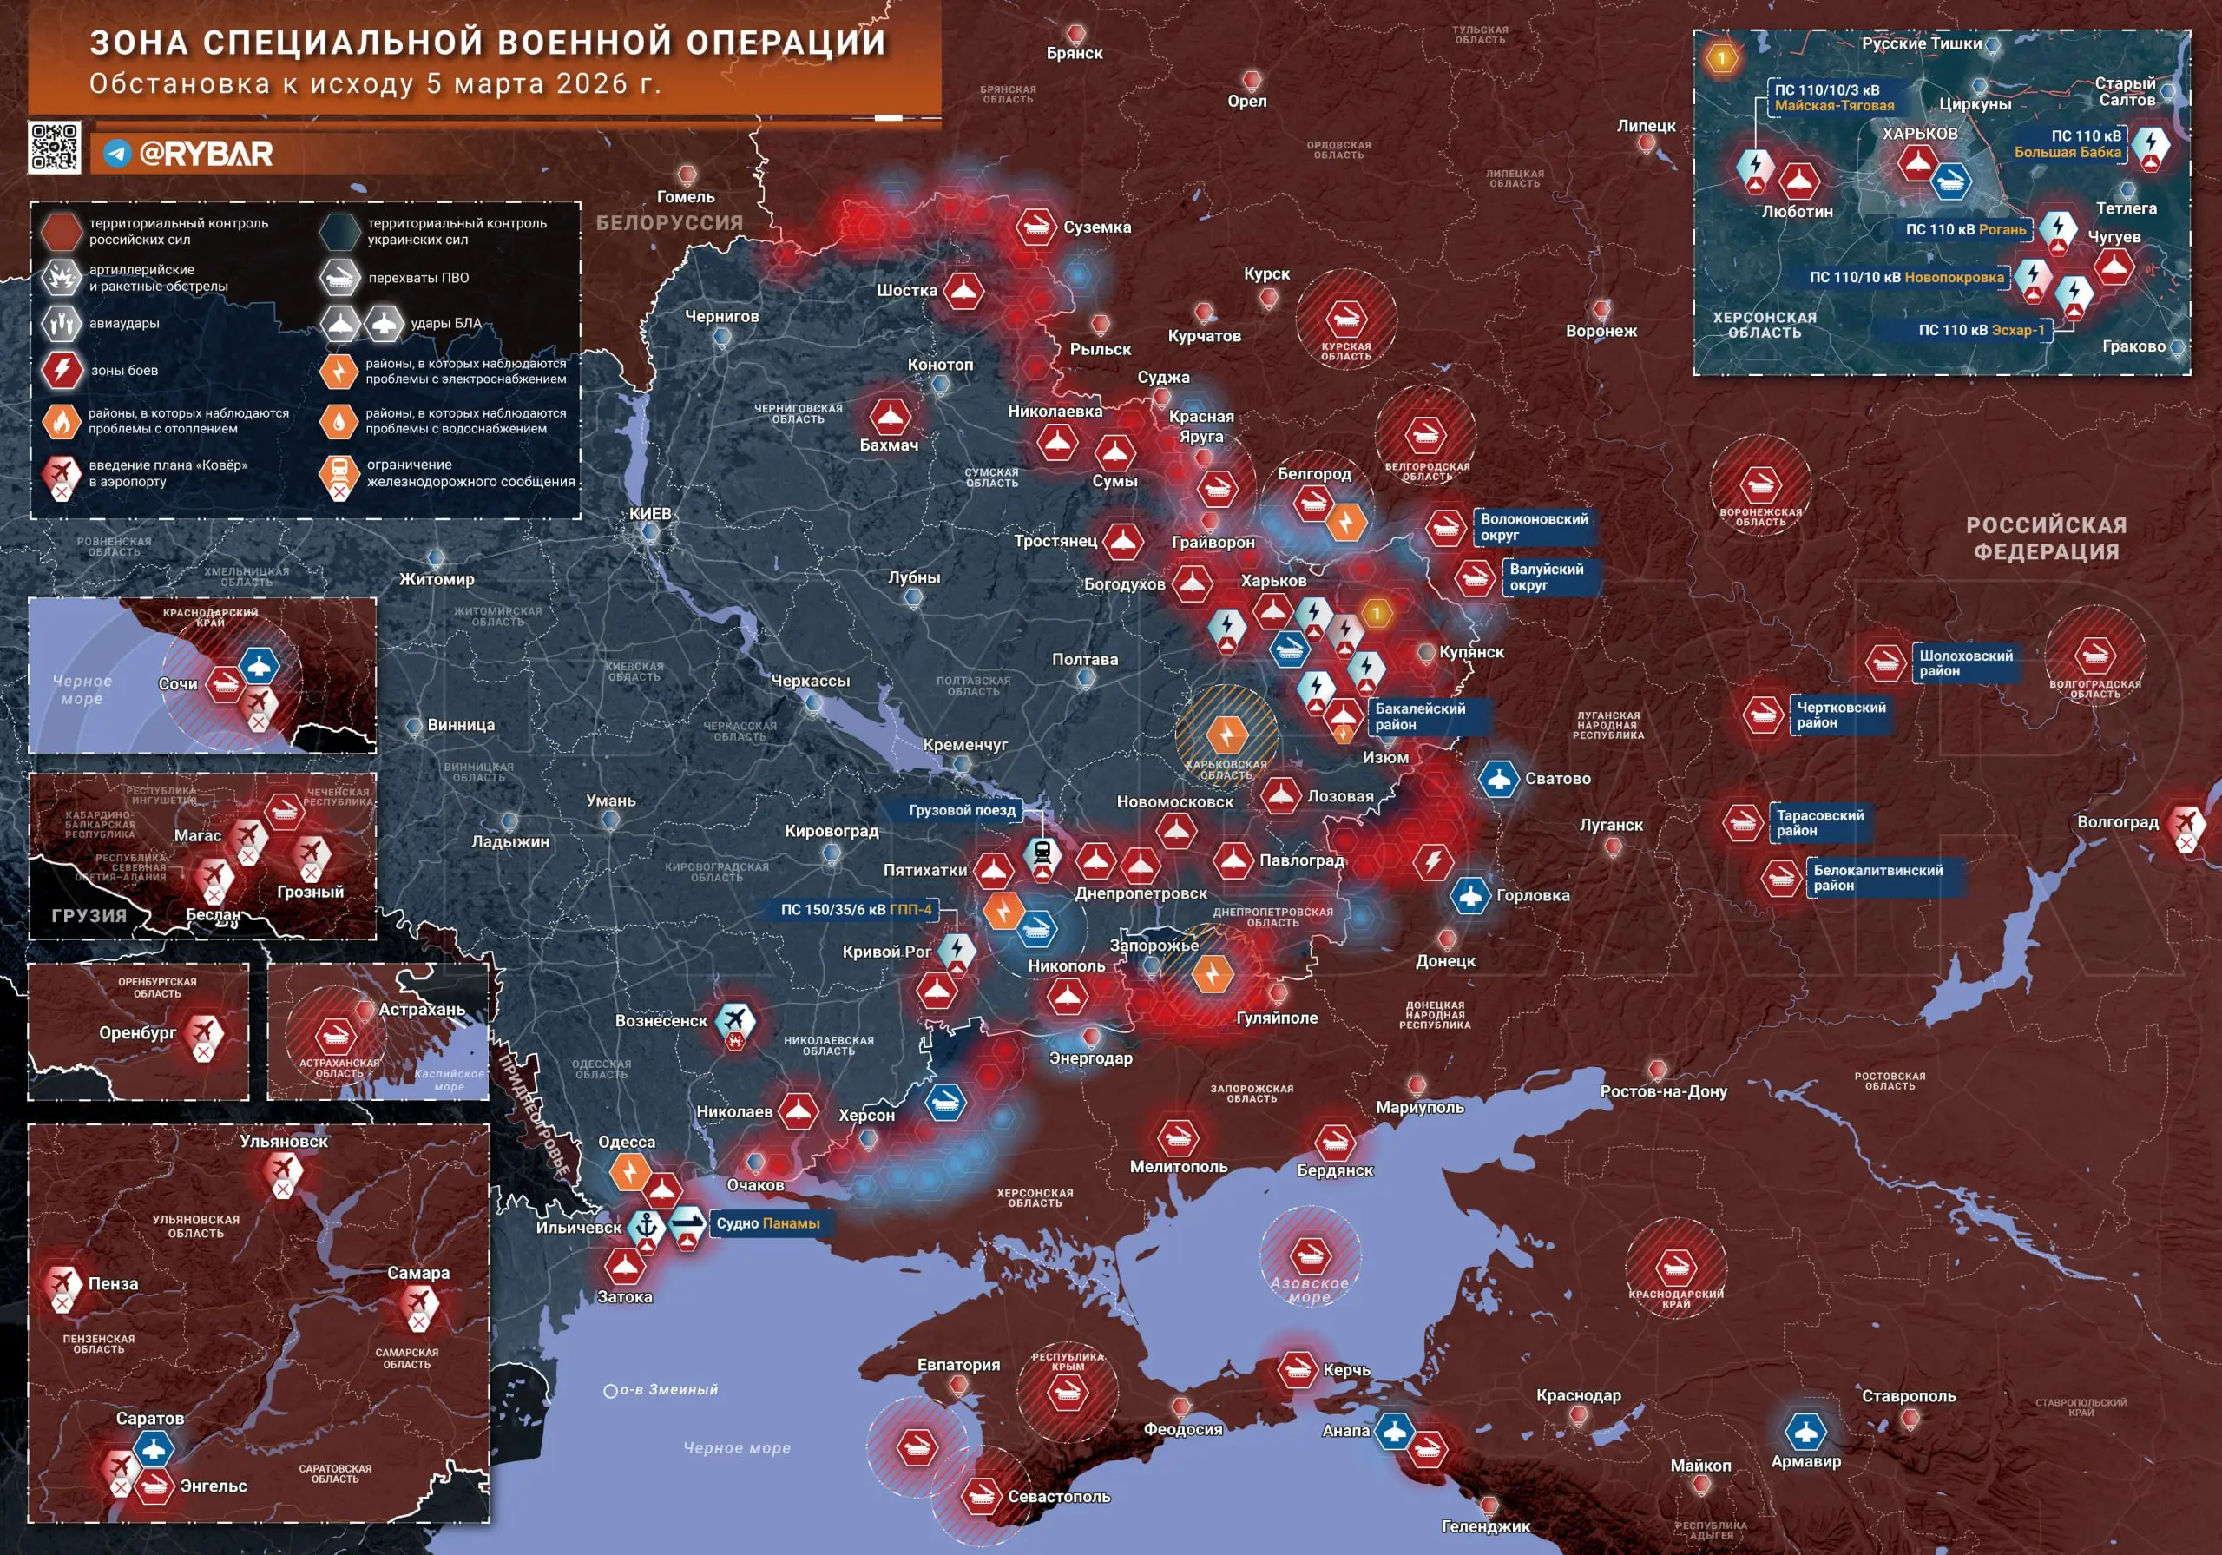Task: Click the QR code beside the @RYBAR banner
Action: [x=54, y=148]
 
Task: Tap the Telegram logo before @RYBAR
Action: [x=117, y=154]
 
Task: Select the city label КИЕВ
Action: [x=649, y=514]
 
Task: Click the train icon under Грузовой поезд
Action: [x=1042, y=853]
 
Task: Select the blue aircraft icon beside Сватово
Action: [x=1498, y=779]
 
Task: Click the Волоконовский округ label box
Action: [x=1534, y=527]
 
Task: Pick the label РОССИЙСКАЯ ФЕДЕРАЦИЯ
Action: [x=2046, y=538]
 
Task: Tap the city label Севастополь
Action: [x=1059, y=1497]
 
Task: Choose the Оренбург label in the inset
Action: [x=136, y=1033]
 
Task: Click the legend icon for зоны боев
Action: [x=62, y=370]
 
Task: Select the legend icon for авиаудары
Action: [x=62, y=323]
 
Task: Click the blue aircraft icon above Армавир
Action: [x=1805, y=1431]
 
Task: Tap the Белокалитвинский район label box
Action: [x=1877, y=878]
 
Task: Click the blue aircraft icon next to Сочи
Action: [x=259, y=665]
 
